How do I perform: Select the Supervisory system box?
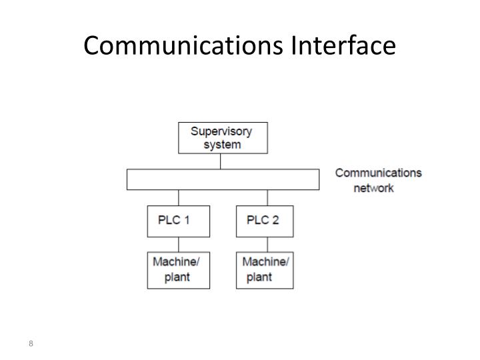coord(223,137)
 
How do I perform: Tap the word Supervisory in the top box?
coord(222,131)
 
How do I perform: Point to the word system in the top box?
coord(223,144)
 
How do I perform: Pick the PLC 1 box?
coord(178,221)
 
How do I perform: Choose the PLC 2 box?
coord(265,221)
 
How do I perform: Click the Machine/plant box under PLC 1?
coord(178,269)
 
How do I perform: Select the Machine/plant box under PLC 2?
coord(265,269)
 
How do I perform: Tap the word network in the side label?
coord(373,188)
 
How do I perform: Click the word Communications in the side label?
coord(378,173)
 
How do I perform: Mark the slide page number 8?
coord(31,344)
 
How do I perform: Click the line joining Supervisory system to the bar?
coord(221,161)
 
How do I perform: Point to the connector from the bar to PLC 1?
coord(179,198)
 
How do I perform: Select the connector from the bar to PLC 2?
coord(267,198)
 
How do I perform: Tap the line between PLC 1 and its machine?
coord(179,244)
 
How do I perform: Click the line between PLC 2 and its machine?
coord(267,244)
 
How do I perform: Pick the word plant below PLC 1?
coord(177,277)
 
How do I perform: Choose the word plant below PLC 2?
coord(259,277)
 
